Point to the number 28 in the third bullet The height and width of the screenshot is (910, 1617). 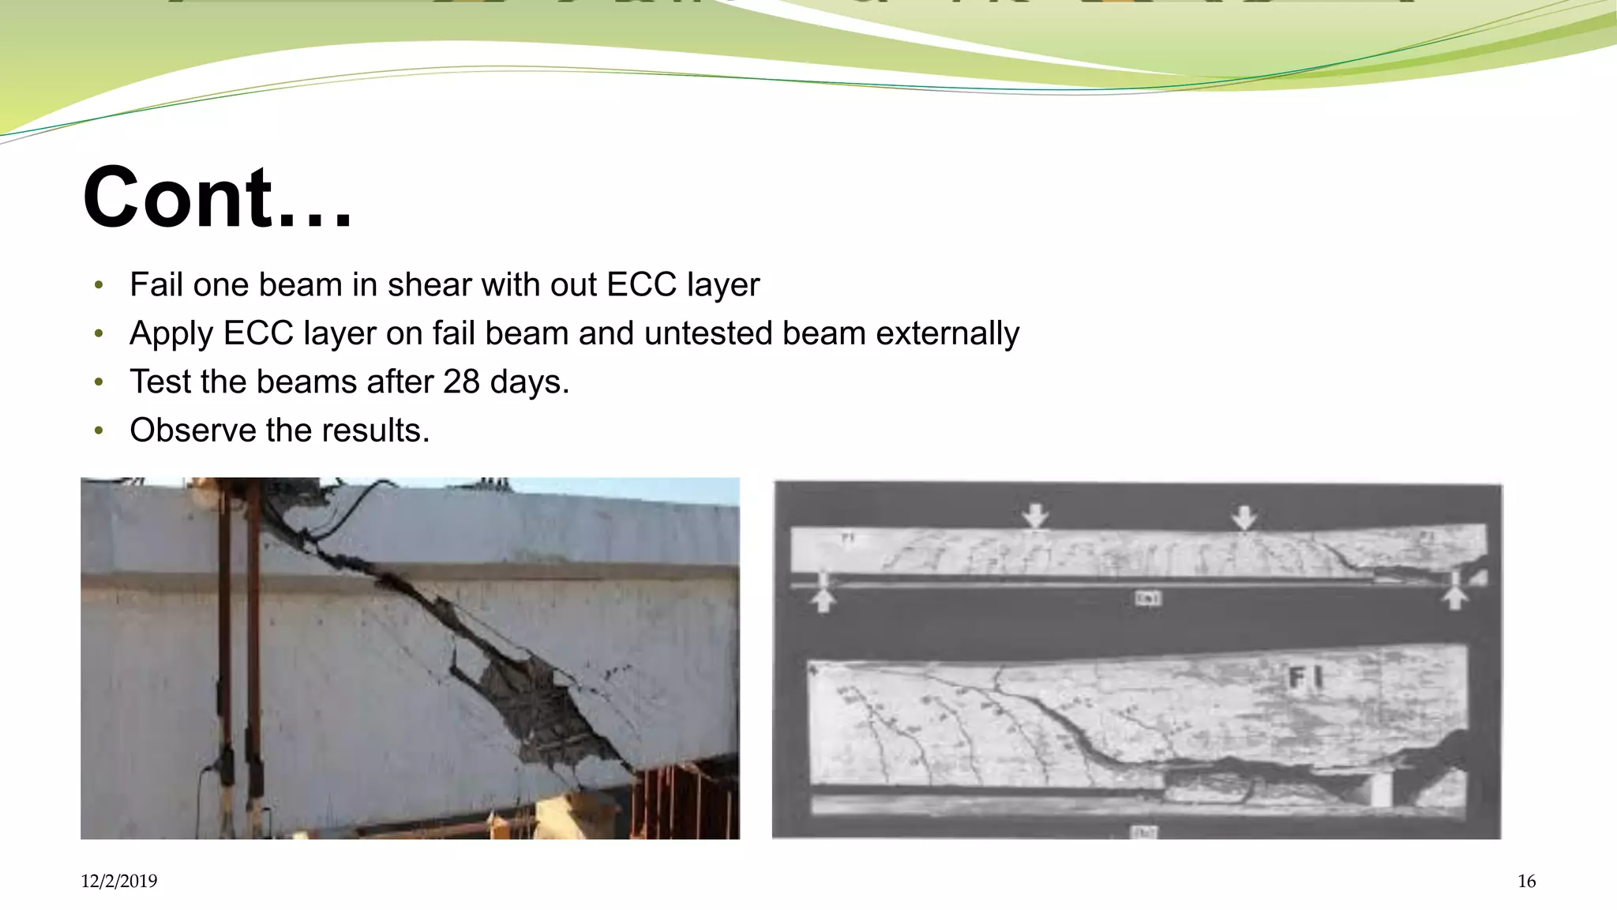coord(461,382)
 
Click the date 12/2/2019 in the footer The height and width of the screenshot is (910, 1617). coord(118,881)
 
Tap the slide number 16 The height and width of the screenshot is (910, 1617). coord(1526,881)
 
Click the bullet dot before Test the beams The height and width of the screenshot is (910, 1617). coord(99,383)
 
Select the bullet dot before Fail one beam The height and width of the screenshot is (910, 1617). coord(99,285)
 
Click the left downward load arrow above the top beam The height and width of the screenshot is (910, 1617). coord(1035,516)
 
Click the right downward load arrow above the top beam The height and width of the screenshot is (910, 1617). coord(1244,517)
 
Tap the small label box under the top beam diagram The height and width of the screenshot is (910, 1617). coord(1147,598)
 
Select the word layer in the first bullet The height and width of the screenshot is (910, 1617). coord(723,284)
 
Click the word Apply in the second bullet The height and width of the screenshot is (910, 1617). coord(171,333)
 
